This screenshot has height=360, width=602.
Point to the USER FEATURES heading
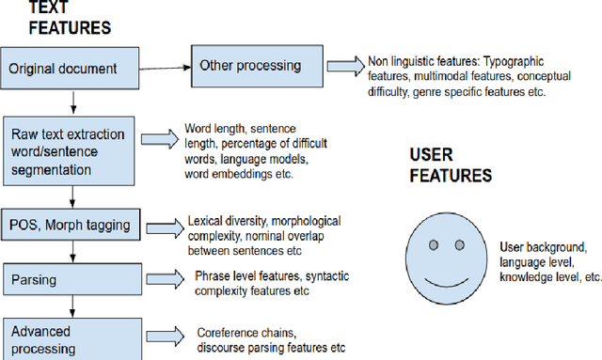(x=450, y=164)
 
